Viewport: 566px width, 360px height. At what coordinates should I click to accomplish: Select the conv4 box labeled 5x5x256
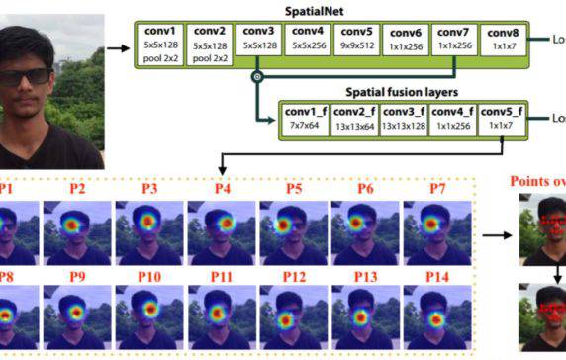click(306, 45)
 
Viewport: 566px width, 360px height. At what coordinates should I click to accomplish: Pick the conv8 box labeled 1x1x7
click(511, 45)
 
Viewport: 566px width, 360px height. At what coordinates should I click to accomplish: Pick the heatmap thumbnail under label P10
click(149, 314)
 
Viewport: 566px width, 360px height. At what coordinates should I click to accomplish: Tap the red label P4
click(223, 188)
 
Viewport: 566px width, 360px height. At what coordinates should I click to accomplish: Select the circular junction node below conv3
click(256, 76)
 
